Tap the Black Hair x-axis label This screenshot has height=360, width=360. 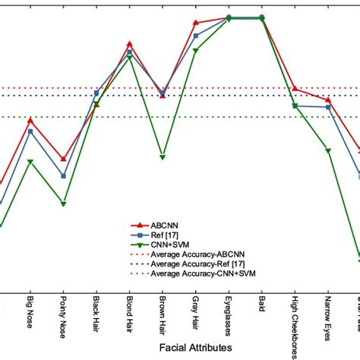coord(96,312)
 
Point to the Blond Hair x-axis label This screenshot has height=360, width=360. coord(130,312)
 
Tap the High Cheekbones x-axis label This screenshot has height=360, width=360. coord(295,323)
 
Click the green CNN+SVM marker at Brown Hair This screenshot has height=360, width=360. coord(163,157)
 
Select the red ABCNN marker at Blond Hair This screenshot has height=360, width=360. coord(130,44)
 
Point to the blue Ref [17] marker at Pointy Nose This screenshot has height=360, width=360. coord(63,175)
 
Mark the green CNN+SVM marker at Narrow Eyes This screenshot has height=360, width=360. coord(328,151)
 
